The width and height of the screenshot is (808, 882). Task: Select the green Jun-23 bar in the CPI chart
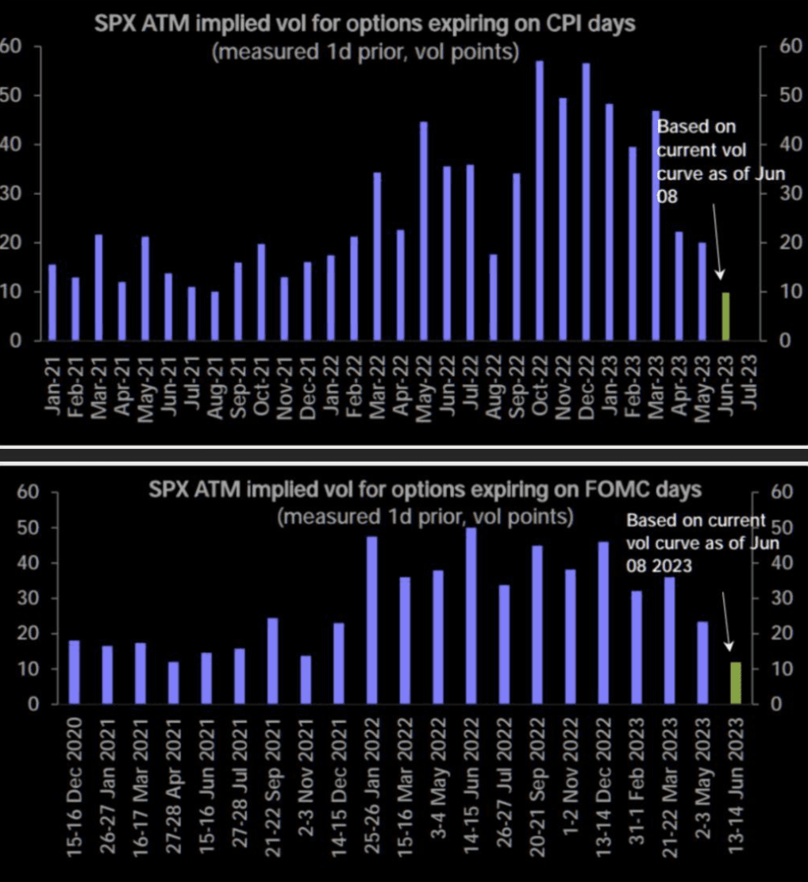tap(725, 316)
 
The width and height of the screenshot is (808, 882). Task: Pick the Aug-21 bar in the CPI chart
tap(214, 316)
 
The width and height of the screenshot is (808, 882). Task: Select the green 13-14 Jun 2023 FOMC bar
tap(736, 683)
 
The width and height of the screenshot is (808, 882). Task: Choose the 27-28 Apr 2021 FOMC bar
tap(174, 683)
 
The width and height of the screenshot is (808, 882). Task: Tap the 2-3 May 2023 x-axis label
tap(702, 785)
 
